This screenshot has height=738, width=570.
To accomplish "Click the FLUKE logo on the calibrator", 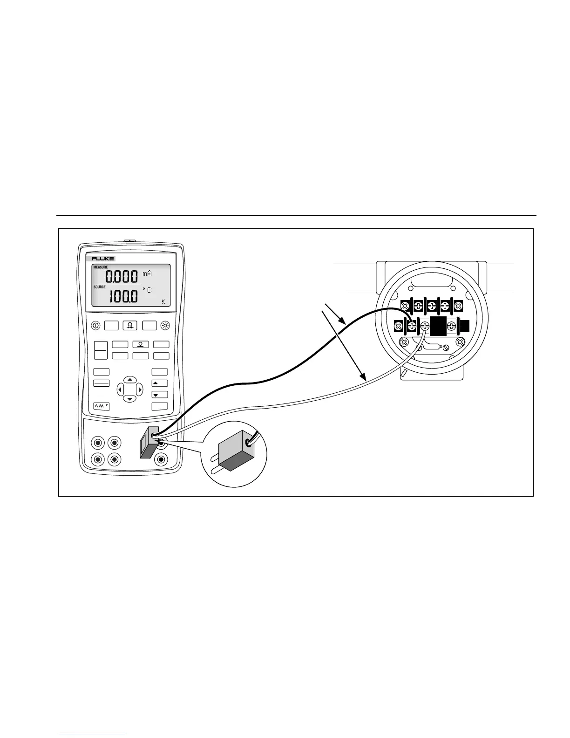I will coord(103,259).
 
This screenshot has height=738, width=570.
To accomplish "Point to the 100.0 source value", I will coord(123,297).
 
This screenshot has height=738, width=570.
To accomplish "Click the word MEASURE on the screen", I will coord(101,267).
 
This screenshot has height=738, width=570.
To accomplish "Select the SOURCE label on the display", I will coord(100,287).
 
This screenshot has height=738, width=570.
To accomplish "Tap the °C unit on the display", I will coord(147,290).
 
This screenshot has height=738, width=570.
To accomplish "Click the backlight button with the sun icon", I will coord(165,326).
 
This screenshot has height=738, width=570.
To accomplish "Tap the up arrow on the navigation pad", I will coord(130,380).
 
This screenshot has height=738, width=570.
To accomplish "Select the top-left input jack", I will coord(98,442).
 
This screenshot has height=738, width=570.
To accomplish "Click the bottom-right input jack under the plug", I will coord(162,459).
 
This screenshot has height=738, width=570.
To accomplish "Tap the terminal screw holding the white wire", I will coord(425,327).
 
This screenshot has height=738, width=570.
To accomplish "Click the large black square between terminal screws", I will coord(438,327).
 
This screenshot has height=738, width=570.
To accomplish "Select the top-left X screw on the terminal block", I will coord(405,306).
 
